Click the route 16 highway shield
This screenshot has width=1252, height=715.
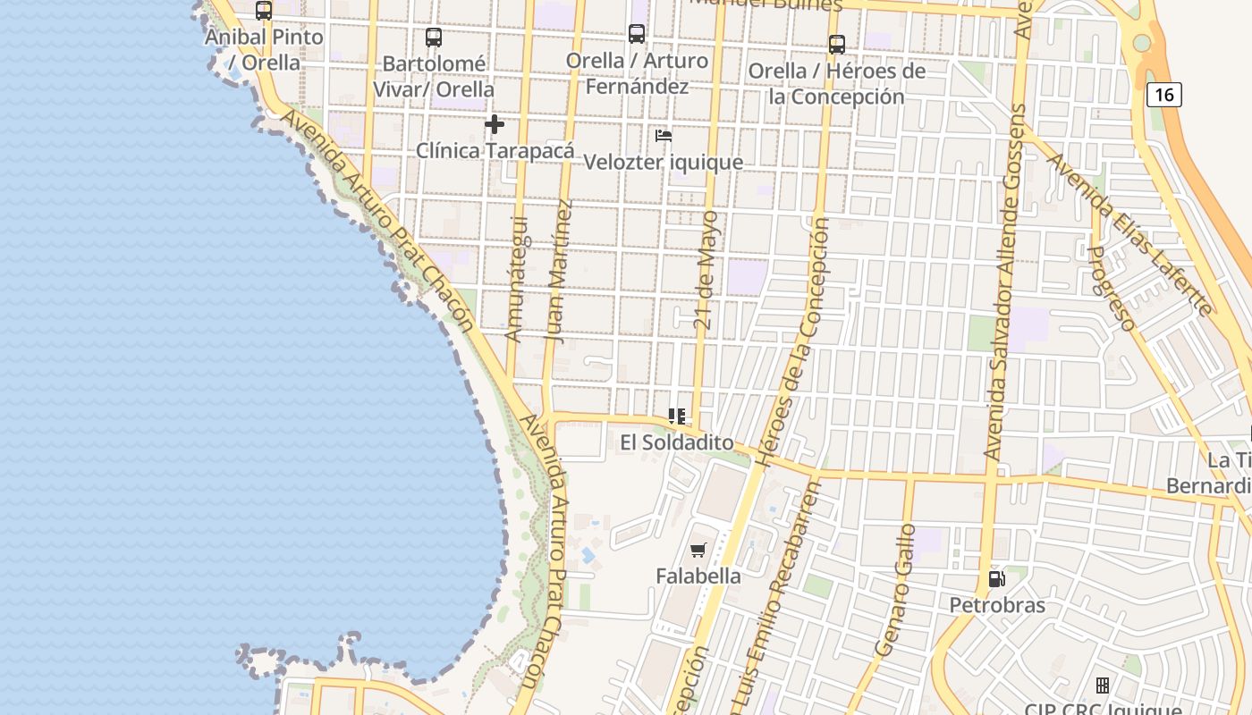(1163, 94)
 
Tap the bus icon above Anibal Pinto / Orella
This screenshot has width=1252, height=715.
(264, 11)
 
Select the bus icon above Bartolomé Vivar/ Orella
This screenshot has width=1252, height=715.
(434, 38)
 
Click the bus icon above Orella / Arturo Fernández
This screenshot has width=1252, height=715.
(637, 34)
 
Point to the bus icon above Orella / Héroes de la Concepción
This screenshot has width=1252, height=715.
(837, 44)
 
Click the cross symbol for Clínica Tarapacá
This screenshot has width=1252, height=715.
(495, 124)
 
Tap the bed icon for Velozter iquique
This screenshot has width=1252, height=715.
(664, 136)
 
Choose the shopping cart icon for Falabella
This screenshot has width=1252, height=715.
(698, 551)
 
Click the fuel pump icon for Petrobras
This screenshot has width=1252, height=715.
(996, 579)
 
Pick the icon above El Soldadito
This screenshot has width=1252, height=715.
(677, 416)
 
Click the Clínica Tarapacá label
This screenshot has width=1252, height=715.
(495, 150)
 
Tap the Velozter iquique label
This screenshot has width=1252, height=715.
(664, 162)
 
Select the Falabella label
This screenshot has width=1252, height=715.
(698, 576)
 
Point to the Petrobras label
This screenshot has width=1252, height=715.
(997, 605)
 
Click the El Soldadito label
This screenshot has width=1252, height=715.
(677, 442)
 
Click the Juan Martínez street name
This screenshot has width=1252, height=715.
(558, 272)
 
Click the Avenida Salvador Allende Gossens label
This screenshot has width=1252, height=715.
(1005, 282)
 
